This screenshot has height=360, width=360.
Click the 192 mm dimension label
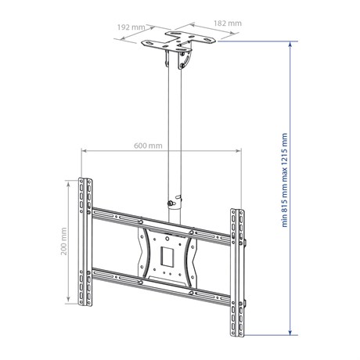(x=131, y=27)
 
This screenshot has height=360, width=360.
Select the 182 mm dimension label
(x=228, y=23)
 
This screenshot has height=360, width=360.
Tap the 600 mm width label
(x=148, y=146)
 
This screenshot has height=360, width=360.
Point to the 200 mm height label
(x=64, y=241)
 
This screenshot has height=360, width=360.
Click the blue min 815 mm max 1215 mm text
(x=284, y=180)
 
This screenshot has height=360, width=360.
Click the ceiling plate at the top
(x=178, y=41)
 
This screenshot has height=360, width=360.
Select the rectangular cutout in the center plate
(x=167, y=257)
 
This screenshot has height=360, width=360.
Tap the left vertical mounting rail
(x=85, y=242)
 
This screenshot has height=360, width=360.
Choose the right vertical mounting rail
(x=237, y=272)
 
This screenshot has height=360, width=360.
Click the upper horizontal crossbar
(x=161, y=226)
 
